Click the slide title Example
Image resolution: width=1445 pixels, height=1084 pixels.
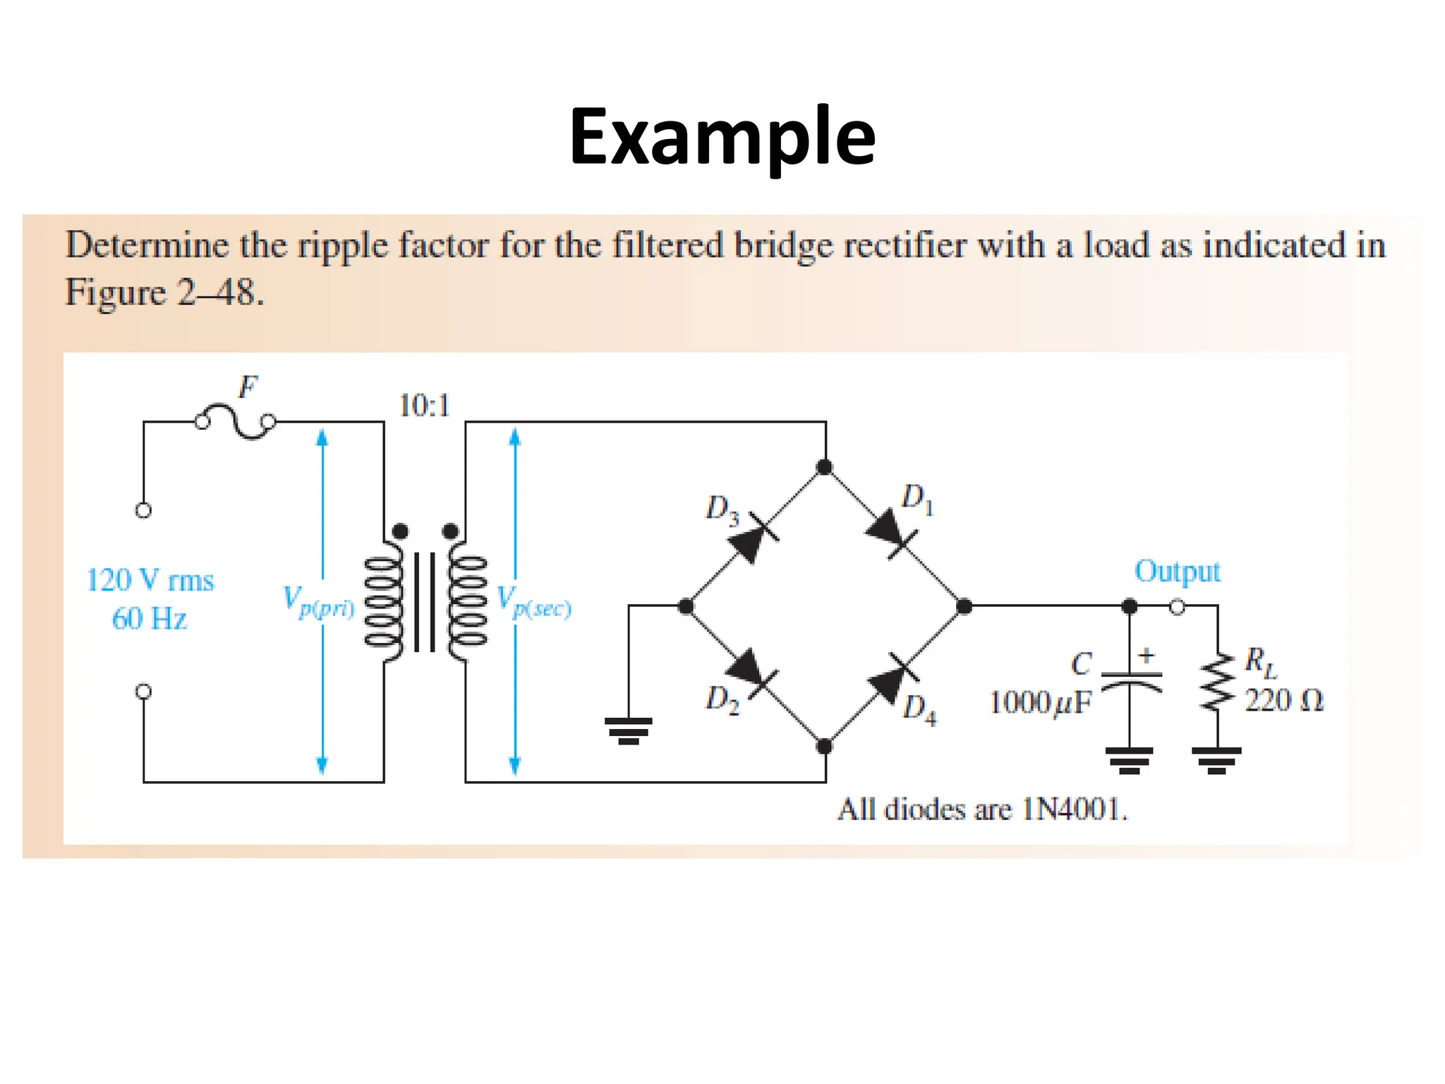coord(722,137)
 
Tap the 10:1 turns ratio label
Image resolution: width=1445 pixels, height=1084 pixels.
coord(424,406)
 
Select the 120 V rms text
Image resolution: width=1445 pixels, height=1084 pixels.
coord(150,581)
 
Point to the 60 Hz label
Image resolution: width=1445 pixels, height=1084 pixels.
coord(150,619)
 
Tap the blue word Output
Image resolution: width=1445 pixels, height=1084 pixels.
coord(1177,572)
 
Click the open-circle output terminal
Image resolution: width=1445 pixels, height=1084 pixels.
coord(1177,607)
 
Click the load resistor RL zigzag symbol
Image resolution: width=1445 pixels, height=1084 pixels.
coord(1217,682)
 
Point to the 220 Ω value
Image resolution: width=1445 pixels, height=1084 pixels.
coord(1283,701)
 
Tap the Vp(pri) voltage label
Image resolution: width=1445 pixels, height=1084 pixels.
coord(318,601)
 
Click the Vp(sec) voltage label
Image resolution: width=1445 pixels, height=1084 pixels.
coord(533,601)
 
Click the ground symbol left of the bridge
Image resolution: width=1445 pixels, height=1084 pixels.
coord(628,730)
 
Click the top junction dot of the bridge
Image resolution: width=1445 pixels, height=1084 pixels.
coord(824,467)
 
